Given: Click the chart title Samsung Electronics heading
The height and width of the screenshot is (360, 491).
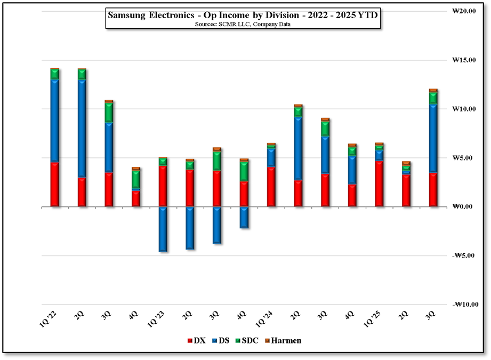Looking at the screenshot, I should tap(243, 15).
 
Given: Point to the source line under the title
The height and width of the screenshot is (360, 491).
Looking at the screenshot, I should tap(243, 25).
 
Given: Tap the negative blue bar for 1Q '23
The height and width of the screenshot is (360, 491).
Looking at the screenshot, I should tap(163, 229).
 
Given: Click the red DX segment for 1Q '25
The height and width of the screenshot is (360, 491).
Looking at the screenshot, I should tap(380, 183).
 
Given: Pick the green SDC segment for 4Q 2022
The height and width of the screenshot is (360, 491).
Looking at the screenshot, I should tap(136, 179).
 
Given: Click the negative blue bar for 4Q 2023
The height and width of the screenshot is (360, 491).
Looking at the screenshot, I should tap(244, 217).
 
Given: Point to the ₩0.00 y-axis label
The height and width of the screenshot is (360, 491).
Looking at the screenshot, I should tap(464, 207).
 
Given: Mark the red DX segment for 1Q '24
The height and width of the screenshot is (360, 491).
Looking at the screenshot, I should tap(271, 187).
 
